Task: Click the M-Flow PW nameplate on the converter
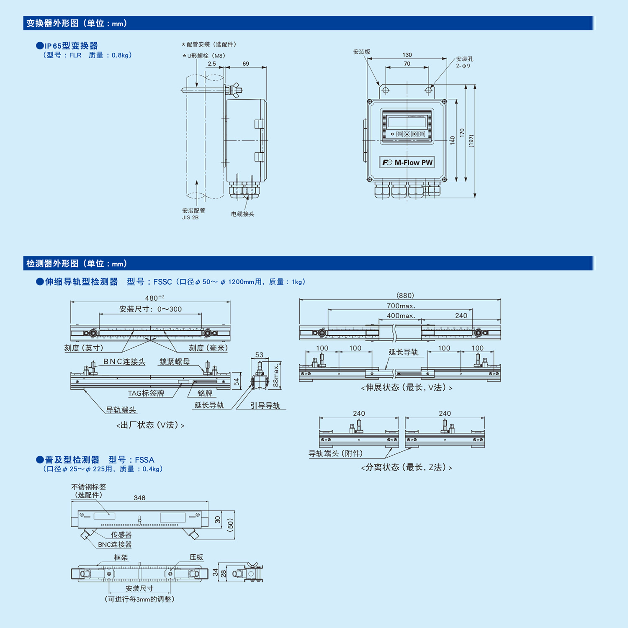click(407, 162)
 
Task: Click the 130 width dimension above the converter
click(407, 55)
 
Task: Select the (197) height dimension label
click(471, 141)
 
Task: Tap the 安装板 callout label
click(362, 52)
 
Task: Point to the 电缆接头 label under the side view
click(243, 214)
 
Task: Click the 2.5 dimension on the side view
click(212, 64)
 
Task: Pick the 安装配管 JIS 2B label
click(193, 214)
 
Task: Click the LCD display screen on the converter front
click(407, 122)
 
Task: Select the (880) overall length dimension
click(405, 295)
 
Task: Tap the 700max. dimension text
click(401, 306)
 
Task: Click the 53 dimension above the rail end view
click(259, 355)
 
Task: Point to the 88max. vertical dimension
click(275, 376)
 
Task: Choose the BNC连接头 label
click(124, 362)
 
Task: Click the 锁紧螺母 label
click(175, 362)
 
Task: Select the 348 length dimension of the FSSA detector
click(139, 498)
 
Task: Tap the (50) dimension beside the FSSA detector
click(230, 525)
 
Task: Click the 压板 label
click(196, 557)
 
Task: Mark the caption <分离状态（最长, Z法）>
click(407, 467)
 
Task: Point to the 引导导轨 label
click(265, 406)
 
